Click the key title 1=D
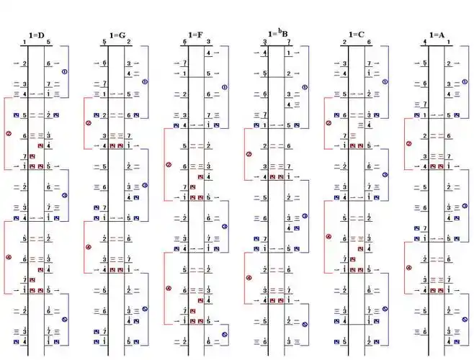click(36, 35)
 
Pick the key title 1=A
click(437, 35)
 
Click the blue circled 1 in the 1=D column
click(64, 72)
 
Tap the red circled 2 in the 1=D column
click(9, 133)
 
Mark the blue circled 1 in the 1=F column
click(225, 88)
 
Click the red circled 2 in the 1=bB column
click(249, 153)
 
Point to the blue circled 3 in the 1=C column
click(385, 175)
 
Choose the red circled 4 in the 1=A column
click(409, 267)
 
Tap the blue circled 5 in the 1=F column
click(225, 334)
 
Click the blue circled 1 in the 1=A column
click(465, 81)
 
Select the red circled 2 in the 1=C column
click(329, 122)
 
